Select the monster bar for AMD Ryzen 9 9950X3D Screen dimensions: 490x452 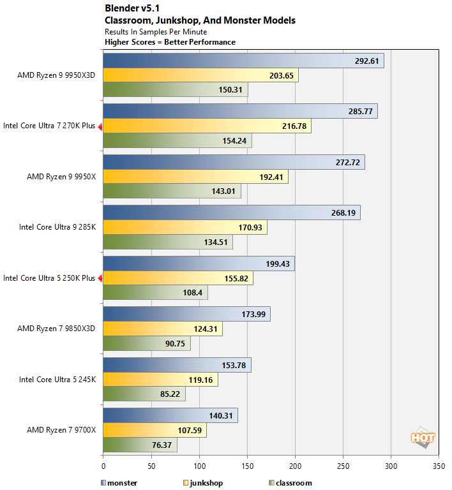(x=243, y=61)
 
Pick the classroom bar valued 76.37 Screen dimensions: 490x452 (x=140, y=445)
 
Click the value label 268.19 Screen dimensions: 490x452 (x=347, y=213)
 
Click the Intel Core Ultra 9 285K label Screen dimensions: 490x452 (x=57, y=227)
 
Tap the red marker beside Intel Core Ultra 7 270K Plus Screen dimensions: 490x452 (x=100, y=126)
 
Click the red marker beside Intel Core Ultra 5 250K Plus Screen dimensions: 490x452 (x=100, y=278)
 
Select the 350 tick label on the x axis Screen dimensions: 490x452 (x=439, y=466)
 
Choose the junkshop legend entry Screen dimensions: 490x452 (x=202, y=483)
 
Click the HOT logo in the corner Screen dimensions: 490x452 (x=422, y=438)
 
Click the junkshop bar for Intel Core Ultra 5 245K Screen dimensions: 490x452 (x=160, y=380)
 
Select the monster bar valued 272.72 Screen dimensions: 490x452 (x=234, y=163)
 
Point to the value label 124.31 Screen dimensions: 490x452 (x=208, y=329)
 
